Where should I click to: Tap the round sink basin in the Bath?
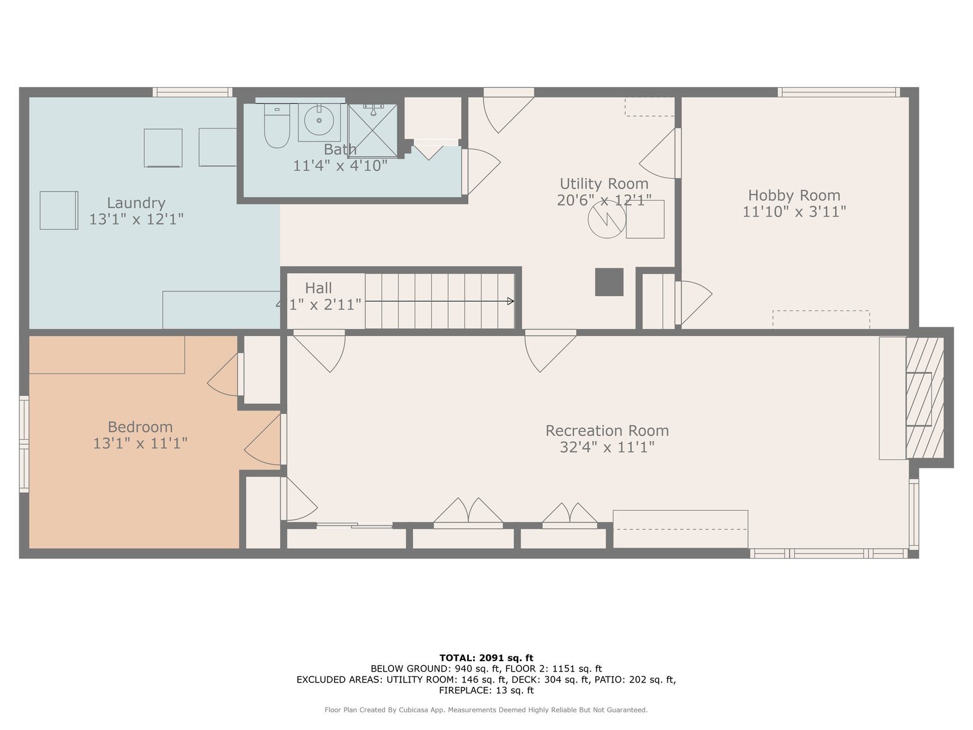(319, 120)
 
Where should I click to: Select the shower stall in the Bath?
(373, 131)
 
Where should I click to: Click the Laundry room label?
(136, 203)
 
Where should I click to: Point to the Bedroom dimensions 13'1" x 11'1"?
(140, 443)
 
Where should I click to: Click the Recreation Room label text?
(607, 430)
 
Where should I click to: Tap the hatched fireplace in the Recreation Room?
(925, 398)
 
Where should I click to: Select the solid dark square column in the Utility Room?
(609, 282)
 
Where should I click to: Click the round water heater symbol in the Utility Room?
(607, 219)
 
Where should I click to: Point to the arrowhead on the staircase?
(511, 301)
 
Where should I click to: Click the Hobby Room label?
(794, 195)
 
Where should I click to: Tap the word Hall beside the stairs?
(318, 288)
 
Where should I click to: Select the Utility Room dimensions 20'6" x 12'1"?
(604, 200)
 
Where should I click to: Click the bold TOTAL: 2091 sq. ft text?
(486, 658)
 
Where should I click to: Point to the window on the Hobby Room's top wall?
(839, 92)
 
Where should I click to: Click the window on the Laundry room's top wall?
(192, 92)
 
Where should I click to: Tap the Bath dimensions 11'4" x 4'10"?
(340, 165)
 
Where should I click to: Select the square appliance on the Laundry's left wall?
(59, 210)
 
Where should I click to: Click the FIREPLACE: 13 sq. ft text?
(486, 690)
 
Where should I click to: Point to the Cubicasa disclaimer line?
(486, 709)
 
